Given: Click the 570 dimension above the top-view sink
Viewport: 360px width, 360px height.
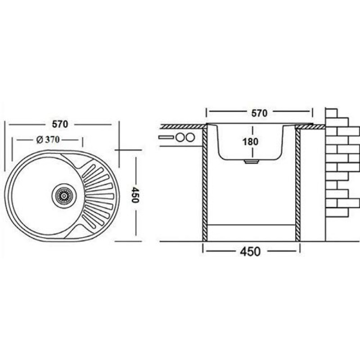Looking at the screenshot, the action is (x=60, y=124).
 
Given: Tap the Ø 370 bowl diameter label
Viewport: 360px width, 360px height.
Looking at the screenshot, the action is (x=48, y=139).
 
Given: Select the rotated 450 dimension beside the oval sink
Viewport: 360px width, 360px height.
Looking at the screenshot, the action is (x=135, y=195).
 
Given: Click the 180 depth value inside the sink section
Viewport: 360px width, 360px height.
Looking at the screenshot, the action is (x=250, y=142).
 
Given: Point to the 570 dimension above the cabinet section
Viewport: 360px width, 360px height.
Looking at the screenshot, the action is (x=260, y=113).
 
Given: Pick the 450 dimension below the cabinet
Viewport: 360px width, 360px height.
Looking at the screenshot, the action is (x=250, y=251).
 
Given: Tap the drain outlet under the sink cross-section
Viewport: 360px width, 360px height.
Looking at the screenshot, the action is (x=252, y=162).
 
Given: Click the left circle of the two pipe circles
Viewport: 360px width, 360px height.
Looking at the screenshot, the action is (x=180, y=137).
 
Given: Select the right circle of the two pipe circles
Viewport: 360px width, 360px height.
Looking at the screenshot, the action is (x=190, y=137).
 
